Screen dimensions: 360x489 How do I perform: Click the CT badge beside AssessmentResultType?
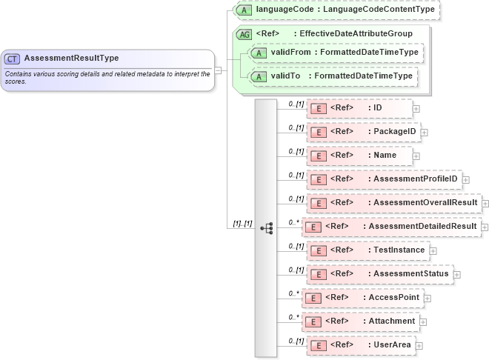click(13, 59)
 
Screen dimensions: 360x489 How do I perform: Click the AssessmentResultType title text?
click(71, 58)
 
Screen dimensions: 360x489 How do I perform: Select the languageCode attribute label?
click(285, 10)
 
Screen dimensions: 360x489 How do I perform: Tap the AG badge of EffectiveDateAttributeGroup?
click(244, 34)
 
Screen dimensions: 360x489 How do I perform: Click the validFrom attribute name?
click(290, 53)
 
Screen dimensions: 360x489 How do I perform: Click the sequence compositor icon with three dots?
click(267, 228)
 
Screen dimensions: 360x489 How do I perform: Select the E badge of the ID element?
click(318, 108)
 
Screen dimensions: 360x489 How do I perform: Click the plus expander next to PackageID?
click(425, 133)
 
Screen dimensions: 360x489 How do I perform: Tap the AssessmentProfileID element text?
click(415, 179)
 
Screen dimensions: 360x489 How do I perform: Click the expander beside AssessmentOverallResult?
click(485, 203)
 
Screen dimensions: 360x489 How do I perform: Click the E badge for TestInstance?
click(318, 250)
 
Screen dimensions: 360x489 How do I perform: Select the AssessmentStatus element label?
click(410, 274)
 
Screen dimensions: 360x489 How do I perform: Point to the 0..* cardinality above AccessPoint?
click(293, 293)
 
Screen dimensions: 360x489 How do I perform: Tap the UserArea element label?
click(392, 345)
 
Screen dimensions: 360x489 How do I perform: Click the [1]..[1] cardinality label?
click(243, 223)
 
